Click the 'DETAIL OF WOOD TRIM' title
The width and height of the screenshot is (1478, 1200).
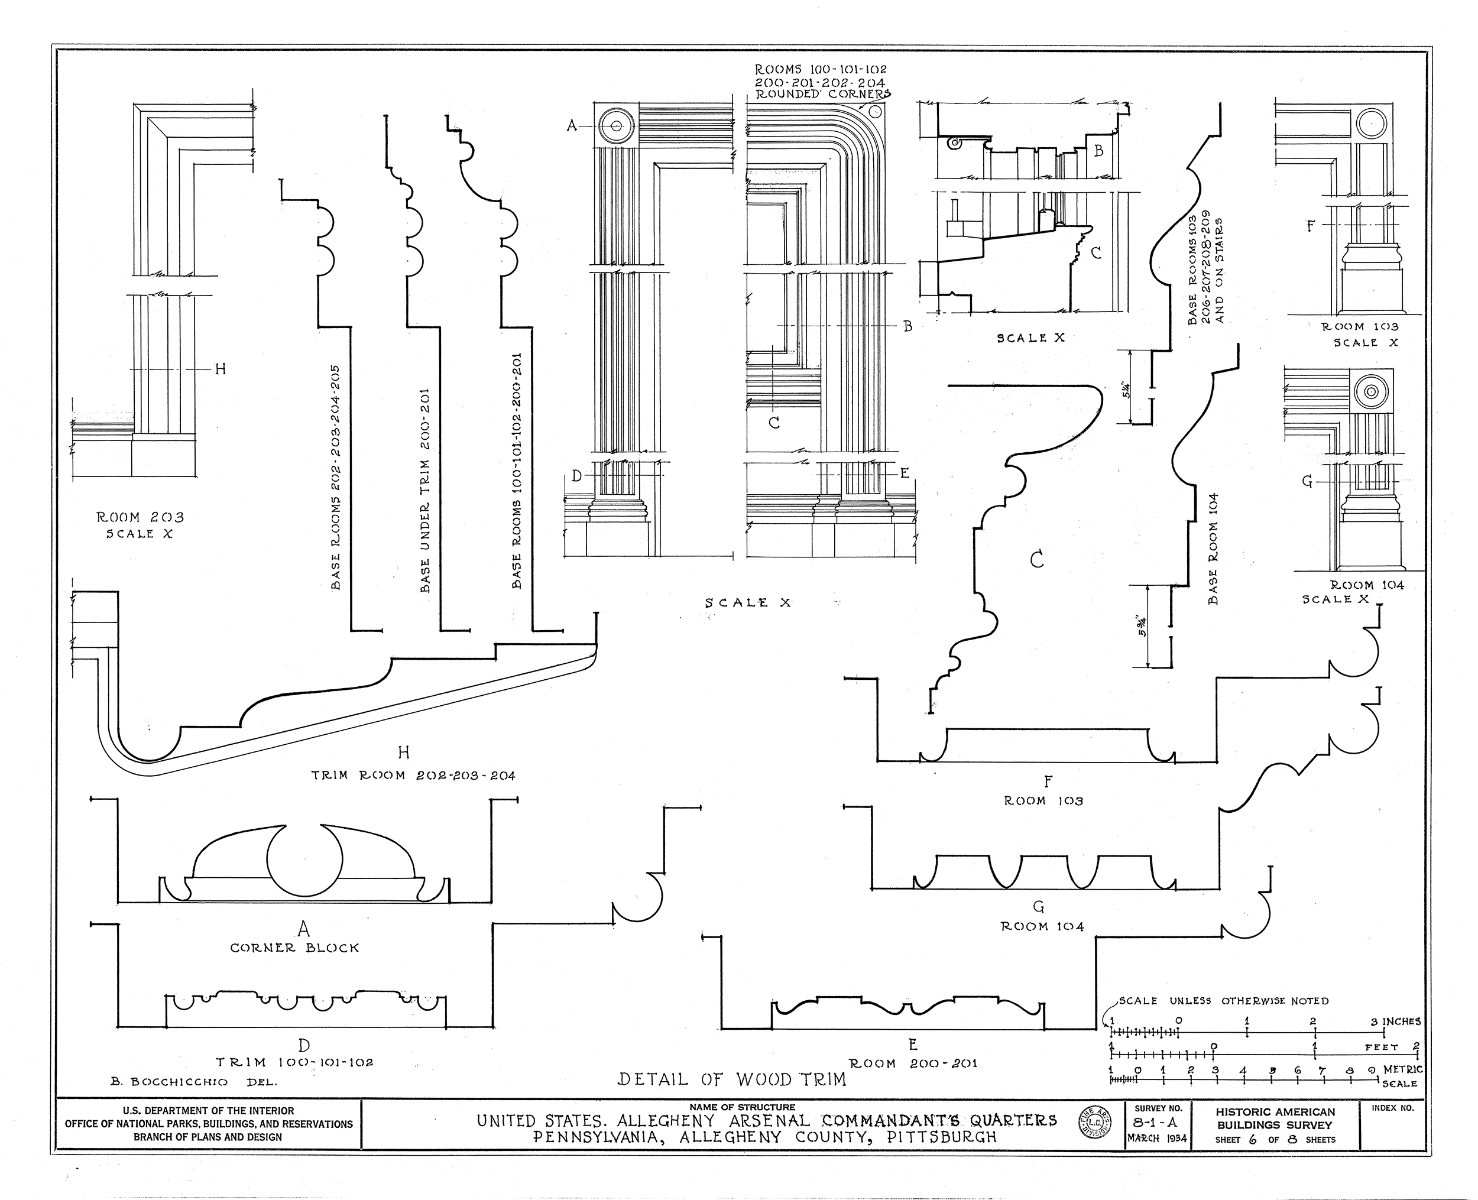point(731,1079)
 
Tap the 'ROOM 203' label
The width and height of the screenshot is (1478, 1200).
point(140,517)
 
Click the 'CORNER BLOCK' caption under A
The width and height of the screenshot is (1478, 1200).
point(294,948)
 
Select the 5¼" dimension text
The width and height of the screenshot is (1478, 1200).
point(1127,391)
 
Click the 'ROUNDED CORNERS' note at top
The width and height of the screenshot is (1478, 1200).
point(822,94)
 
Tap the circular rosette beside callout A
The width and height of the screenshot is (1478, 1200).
point(615,127)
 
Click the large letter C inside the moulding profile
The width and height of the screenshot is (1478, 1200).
point(1036,559)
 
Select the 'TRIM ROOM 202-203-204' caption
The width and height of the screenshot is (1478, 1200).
point(413,776)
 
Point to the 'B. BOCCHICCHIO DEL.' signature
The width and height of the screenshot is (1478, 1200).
point(193,1082)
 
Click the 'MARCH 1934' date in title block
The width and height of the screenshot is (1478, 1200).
point(1156,1139)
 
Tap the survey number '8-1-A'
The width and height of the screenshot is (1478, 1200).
point(1155,1123)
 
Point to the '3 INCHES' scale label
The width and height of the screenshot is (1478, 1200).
point(1396,1021)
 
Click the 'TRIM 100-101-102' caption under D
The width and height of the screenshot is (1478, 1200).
point(294,1062)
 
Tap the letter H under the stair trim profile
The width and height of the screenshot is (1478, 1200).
point(404,752)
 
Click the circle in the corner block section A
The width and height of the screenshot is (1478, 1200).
point(304,860)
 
